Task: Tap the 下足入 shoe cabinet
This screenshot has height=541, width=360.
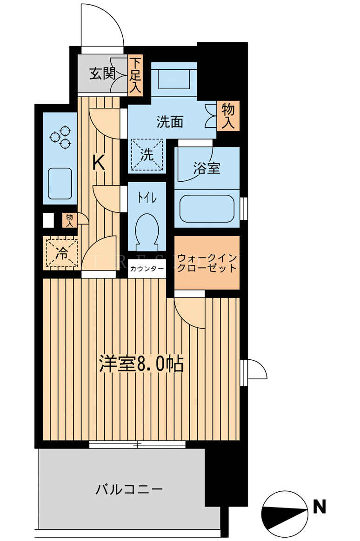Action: tap(135, 76)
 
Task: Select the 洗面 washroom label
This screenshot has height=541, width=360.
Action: tap(170, 122)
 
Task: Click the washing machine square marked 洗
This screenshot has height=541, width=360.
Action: tap(147, 155)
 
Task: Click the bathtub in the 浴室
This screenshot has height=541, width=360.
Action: tap(207, 209)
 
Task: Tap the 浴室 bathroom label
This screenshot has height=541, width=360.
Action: tap(207, 168)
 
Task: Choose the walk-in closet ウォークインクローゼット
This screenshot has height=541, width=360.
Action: tap(207, 263)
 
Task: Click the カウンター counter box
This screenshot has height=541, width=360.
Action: tap(147, 269)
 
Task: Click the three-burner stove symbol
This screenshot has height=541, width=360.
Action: tap(60, 138)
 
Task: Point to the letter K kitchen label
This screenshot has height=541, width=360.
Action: tap(99, 163)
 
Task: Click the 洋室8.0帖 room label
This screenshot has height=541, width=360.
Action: tap(141, 363)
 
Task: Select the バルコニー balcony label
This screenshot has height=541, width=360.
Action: tap(129, 489)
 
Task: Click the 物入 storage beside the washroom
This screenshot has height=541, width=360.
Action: tap(228, 116)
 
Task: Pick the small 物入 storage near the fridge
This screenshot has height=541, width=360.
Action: tap(70, 220)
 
